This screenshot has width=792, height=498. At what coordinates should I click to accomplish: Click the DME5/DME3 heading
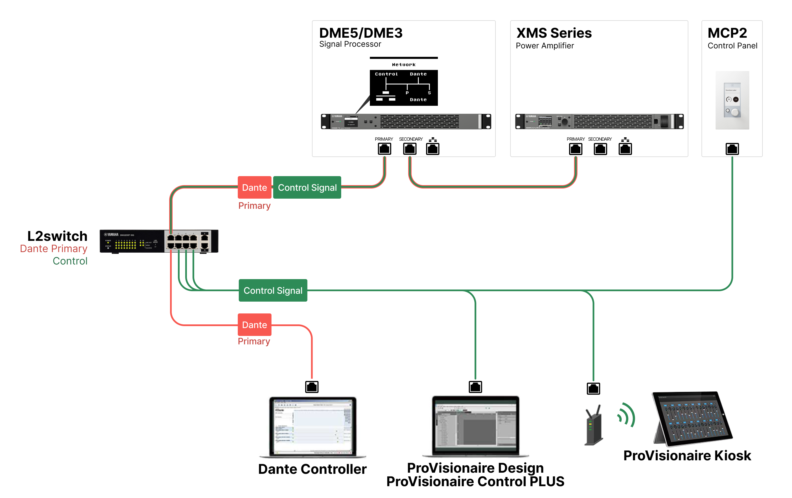click(361, 33)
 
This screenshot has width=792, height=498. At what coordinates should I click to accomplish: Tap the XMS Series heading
click(554, 33)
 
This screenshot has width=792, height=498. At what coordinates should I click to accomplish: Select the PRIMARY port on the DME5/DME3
click(384, 149)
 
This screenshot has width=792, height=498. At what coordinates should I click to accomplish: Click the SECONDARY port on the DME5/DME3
click(409, 149)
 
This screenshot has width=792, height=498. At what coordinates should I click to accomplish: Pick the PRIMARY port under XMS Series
click(575, 149)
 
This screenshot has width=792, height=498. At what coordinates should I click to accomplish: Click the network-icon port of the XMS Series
click(625, 149)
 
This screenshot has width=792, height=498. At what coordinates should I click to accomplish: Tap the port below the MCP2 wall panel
click(732, 149)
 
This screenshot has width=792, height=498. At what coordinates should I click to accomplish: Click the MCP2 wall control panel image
click(732, 100)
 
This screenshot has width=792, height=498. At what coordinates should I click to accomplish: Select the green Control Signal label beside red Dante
click(307, 187)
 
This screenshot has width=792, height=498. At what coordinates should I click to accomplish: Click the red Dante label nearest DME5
click(254, 187)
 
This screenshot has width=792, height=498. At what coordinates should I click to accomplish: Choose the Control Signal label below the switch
click(273, 290)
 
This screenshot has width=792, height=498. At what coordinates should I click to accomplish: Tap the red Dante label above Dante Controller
click(254, 325)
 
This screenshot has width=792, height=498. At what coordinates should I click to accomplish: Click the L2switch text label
click(57, 236)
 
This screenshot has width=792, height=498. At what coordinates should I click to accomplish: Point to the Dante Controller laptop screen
click(313, 426)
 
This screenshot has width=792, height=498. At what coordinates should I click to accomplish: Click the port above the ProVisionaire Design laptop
click(475, 387)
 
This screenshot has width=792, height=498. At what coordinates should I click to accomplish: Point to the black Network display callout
click(404, 87)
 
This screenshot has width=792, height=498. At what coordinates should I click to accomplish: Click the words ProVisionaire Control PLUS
click(475, 481)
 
